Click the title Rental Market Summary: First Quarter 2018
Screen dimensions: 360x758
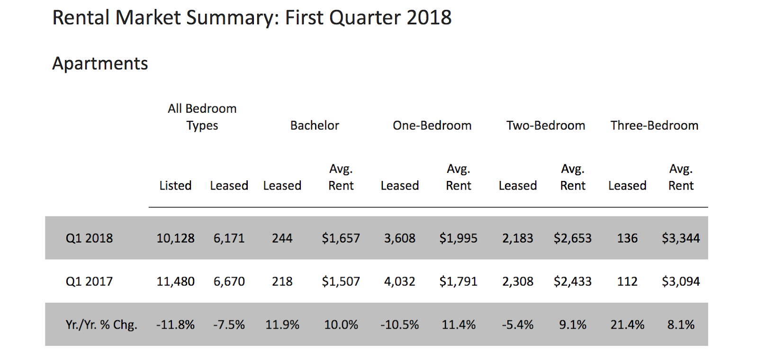(x=252, y=18)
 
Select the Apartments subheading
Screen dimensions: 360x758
(x=100, y=63)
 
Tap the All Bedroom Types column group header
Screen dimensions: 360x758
(x=202, y=117)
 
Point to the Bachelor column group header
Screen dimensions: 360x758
(x=315, y=126)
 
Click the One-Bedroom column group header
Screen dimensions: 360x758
(x=432, y=126)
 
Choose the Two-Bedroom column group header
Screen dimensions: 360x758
(x=545, y=126)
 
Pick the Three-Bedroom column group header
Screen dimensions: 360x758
(x=654, y=126)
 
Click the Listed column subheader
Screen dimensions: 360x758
(x=175, y=186)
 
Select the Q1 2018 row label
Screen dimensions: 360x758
(x=89, y=238)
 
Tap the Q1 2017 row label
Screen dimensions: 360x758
(x=89, y=281)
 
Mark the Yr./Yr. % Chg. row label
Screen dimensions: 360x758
(x=101, y=325)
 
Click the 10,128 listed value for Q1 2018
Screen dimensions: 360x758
(x=175, y=238)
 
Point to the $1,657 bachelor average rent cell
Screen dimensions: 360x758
(x=341, y=238)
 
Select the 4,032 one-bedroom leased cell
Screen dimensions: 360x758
(x=399, y=281)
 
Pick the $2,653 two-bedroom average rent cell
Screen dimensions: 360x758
(x=572, y=238)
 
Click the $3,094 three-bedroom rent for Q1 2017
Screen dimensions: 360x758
(x=681, y=281)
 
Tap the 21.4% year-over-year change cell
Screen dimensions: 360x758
(x=627, y=325)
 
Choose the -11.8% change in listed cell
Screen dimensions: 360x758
(x=175, y=325)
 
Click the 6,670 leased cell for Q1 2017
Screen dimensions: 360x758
(x=229, y=281)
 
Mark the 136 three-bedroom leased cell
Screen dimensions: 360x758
(x=627, y=238)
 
